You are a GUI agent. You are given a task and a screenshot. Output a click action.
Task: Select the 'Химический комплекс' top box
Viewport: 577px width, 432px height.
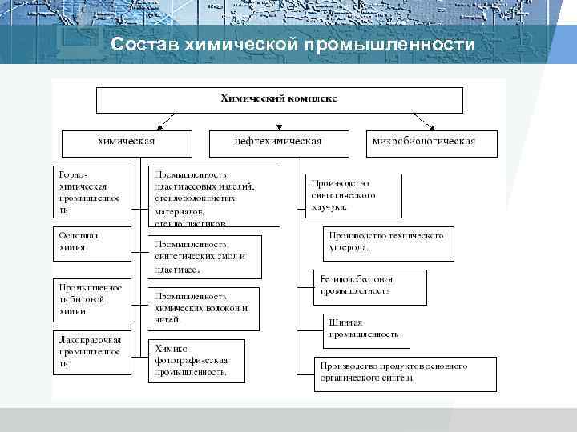(x=280, y=99)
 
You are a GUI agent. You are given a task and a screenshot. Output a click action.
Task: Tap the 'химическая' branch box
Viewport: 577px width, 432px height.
(x=127, y=142)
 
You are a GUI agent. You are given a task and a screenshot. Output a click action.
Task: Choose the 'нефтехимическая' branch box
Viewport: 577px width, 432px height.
(x=277, y=142)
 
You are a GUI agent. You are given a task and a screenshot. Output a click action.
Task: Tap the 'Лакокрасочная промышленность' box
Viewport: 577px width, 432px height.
(x=92, y=353)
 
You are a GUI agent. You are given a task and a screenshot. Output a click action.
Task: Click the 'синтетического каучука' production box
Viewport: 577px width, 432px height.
(x=353, y=194)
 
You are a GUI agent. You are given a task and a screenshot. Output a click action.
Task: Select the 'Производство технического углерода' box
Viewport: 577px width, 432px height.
(x=389, y=243)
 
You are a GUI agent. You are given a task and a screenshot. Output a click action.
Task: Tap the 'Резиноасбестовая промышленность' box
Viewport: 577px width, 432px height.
(x=370, y=286)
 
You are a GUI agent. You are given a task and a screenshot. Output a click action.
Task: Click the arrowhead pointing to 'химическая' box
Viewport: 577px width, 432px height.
(x=159, y=127)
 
